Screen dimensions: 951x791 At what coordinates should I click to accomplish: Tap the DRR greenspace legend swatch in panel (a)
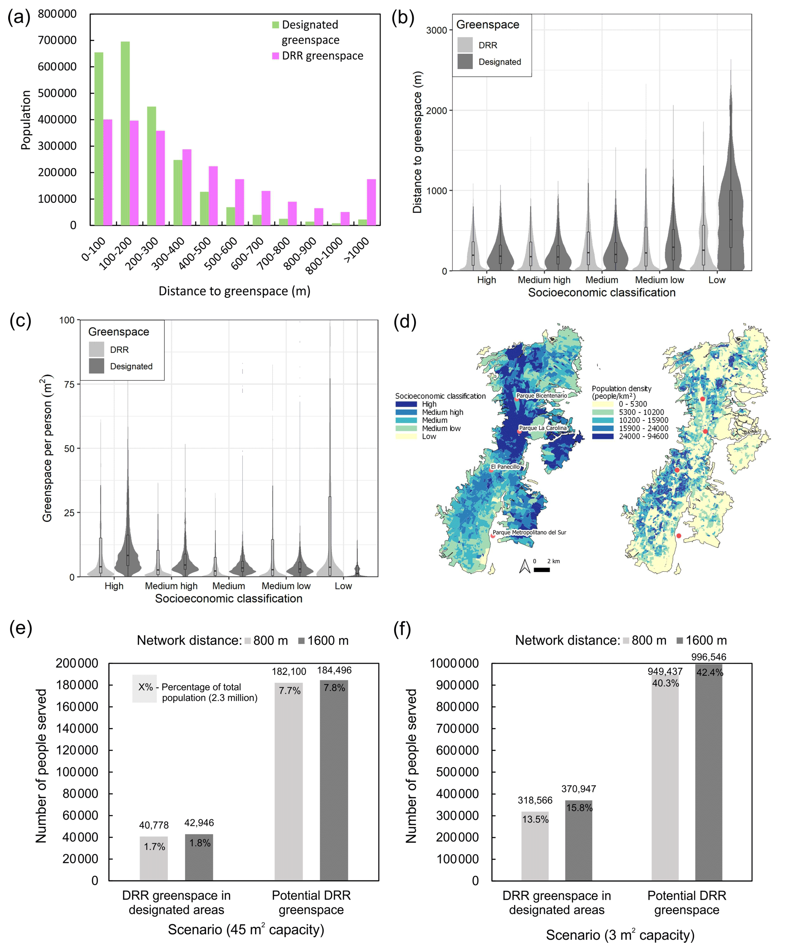pyautogui.click(x=275, y=55)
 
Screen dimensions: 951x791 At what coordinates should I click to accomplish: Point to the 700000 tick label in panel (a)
pyautogui.click(x=57, y=40)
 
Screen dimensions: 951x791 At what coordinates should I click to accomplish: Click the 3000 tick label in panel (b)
pyautogui.click(x=436, y=30)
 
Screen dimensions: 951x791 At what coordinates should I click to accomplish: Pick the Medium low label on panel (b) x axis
pyautogui.click(x=659, y=280)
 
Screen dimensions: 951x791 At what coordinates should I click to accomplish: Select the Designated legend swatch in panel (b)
pyautogui.click(x=465, y=61)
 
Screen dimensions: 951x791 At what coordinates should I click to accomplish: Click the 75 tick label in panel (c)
pyautogui.click(x=69, y=384)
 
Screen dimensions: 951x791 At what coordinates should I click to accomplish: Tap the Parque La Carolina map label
pyautogui.click(x=543, y=428)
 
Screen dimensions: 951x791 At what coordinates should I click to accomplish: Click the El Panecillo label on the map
pyautogui.click(x=505, y=467)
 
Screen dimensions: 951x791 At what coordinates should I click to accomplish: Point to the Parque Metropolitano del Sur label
pyautogui.click(x=529, y=532)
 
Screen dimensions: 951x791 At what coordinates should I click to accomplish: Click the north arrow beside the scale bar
pyautogui.click(x=525, y=566)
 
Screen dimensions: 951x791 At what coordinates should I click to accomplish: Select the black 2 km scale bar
pyautogui.click(x=541, y=569)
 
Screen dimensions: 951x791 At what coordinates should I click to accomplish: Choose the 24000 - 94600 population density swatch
pyautogui.click(x=602, y=436)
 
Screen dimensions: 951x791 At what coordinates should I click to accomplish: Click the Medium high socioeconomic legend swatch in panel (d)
pyautogui.click(x=406, y=412)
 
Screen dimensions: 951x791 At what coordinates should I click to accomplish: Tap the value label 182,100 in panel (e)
pyautogui.click(x=289, y=671)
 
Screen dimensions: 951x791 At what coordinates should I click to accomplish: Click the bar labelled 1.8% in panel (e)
pyautogui.click(x=199, y=857)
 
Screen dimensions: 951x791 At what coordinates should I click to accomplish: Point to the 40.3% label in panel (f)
pyautogui.click(x=665, y=683)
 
